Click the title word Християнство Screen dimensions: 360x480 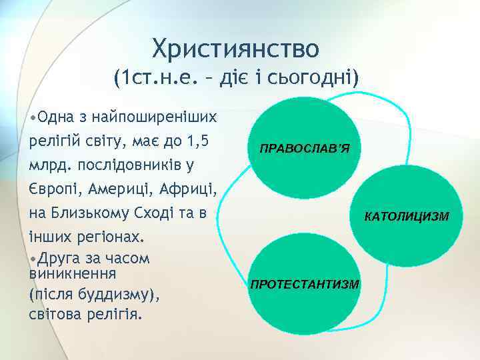point(236,48)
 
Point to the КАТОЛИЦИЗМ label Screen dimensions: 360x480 point(407,217)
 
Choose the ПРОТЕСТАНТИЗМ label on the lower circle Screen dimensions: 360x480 point(304,284)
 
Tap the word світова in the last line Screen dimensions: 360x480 point(55,313)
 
